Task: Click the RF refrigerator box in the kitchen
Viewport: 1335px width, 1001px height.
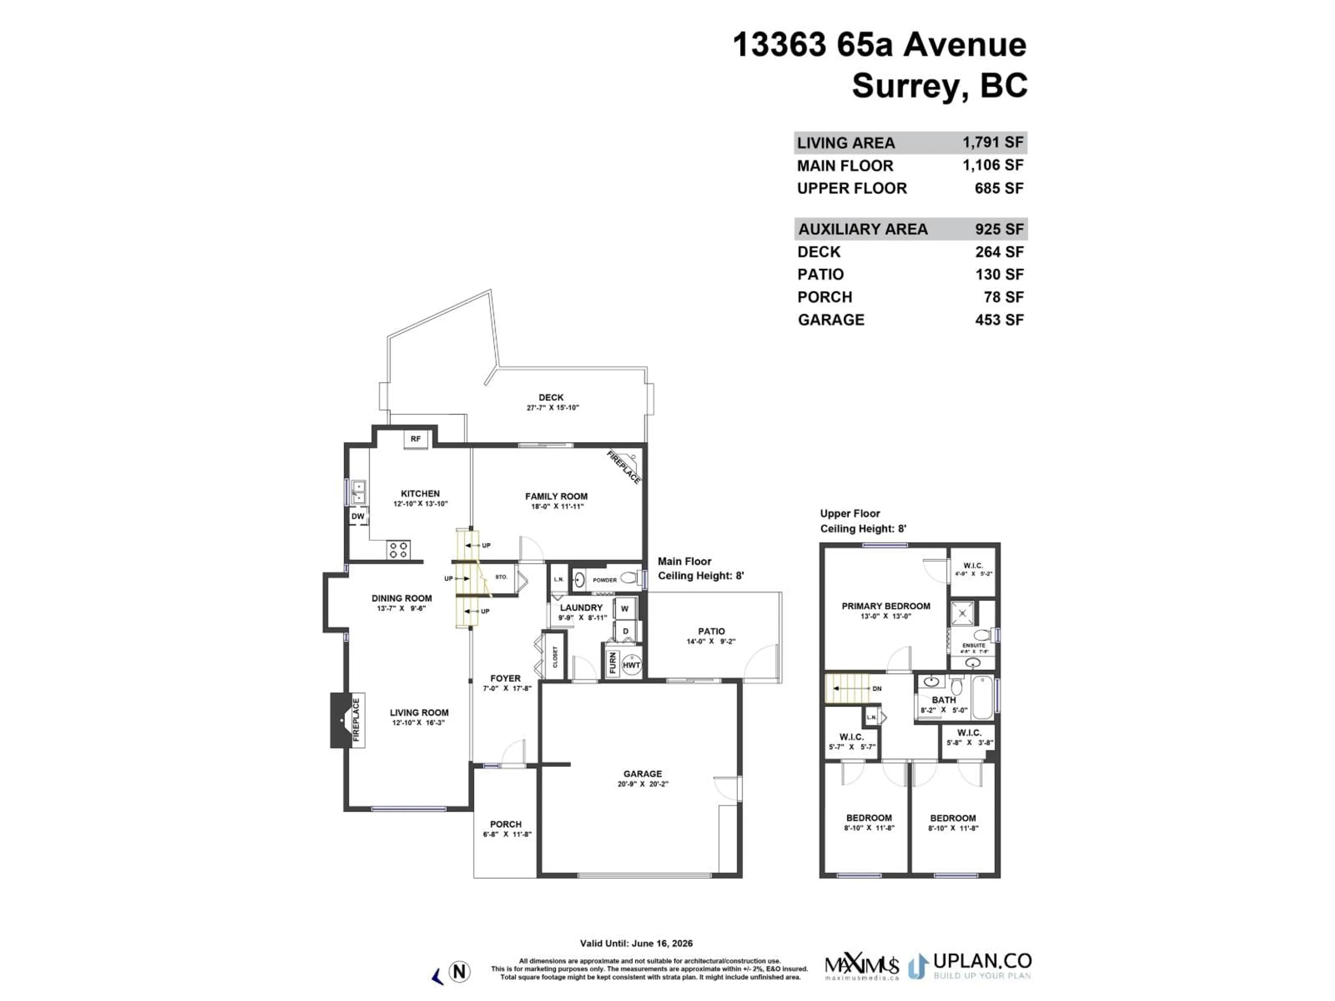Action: [x=416, y=439]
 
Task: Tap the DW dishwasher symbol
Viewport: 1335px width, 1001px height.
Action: [x=358, y=516]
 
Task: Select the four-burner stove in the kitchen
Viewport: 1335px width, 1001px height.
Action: [x=398, y=550]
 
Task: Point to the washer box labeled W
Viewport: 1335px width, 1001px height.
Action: [x=625, y=609]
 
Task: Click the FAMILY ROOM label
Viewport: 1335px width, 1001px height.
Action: [x=556, y=497]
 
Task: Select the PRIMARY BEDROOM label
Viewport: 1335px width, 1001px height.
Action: [x=885, y=606]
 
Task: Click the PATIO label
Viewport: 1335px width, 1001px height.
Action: [x=711, y=631]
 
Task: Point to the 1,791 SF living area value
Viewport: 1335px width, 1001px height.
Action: [x=993, y=143]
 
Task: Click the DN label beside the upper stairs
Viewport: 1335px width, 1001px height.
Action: [x=877, y=689]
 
